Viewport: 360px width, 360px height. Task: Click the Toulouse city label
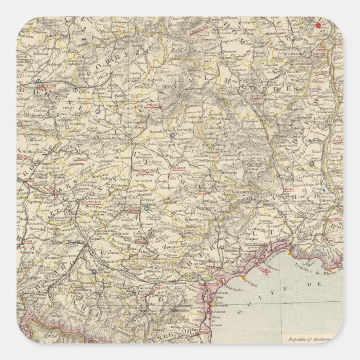point(73,241)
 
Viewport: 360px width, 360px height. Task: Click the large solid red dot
point(319,25)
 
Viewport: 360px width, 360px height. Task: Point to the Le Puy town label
point(257,96)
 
